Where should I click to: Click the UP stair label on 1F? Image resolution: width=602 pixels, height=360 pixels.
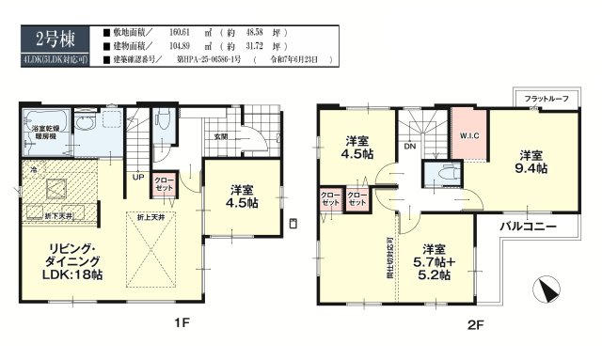click(138, 176)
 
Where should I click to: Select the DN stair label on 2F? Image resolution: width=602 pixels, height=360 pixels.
click(409, 148)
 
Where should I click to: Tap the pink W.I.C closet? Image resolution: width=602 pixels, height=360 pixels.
click(468, 134)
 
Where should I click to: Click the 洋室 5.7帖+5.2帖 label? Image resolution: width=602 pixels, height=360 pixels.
click(435, 262)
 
